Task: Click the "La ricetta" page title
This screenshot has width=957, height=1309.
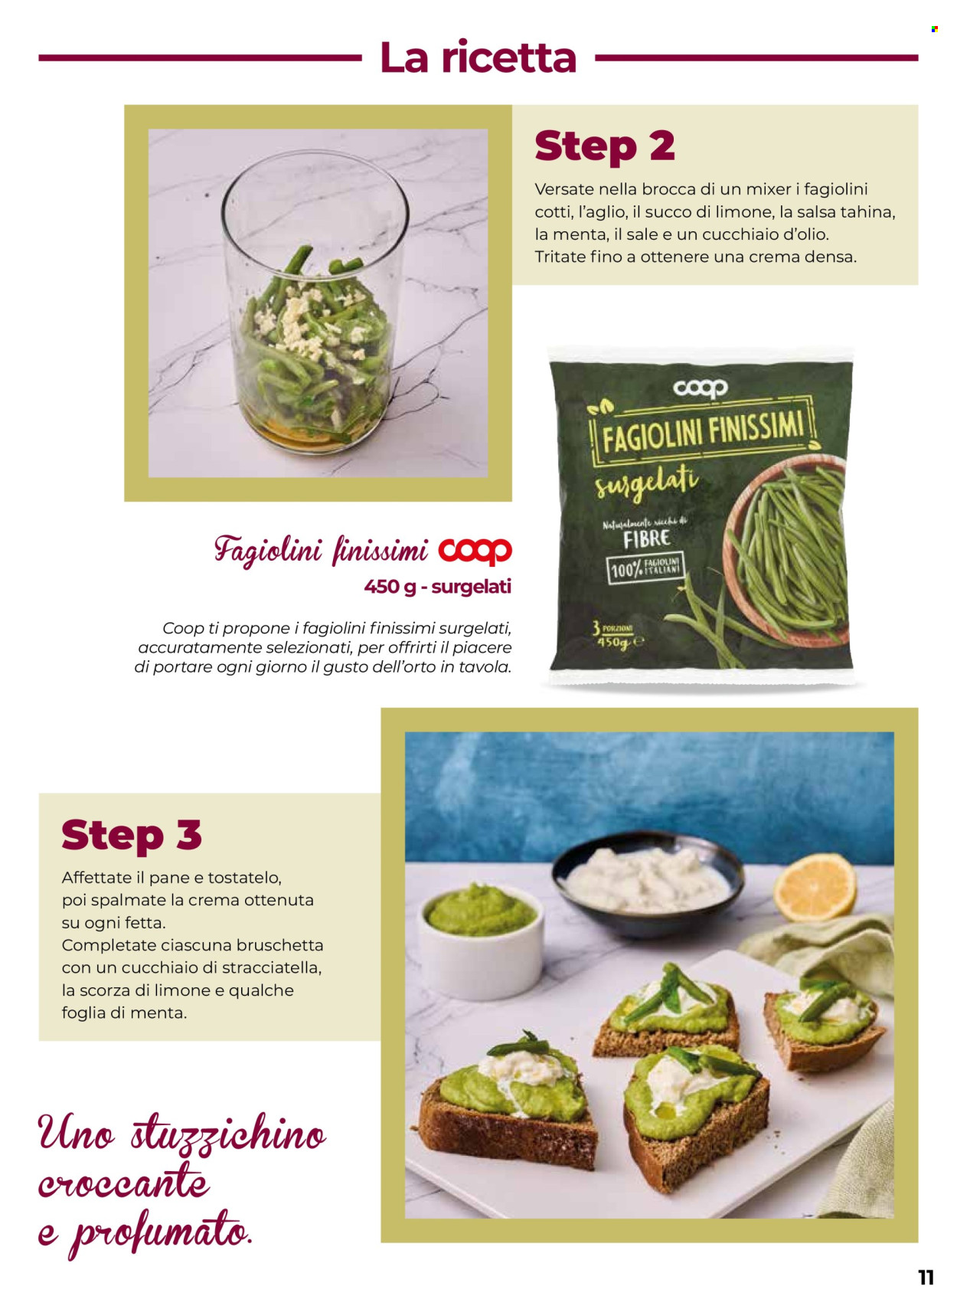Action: (478, 57)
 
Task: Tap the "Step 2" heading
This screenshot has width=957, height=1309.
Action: (605, 146)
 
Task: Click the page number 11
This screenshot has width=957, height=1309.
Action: (926, 1277)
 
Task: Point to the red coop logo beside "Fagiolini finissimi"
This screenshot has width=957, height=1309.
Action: (475, 551)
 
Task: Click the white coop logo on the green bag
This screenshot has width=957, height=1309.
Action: (700, 388)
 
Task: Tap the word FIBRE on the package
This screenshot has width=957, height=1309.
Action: (646, 538)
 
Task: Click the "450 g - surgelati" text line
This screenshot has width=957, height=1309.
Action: (438, 586)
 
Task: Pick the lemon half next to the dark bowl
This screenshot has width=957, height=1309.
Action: (815, 886)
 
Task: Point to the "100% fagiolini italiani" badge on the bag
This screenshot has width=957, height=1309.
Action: (645, 568)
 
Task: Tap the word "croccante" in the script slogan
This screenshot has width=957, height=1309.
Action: (123, 1183)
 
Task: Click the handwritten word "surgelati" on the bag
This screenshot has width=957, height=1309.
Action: (645, 484)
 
